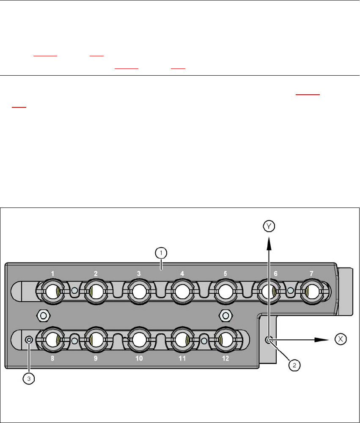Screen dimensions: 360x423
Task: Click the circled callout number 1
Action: (x=161, y=253)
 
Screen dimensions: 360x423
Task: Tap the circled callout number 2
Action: (x=294, y=365)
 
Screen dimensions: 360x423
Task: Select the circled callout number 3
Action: (x=29, y=379)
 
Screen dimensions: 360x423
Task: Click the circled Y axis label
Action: (x=269, y=226)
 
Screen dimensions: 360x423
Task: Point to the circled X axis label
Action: (x=341, y=339)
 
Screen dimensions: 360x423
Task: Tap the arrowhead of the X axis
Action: (x=322, y=340)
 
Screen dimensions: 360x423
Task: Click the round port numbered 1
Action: (x=52, y=292)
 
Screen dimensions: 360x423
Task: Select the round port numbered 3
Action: (x=139, y=292)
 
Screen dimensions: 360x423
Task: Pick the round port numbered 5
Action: (x=225, y=292)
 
